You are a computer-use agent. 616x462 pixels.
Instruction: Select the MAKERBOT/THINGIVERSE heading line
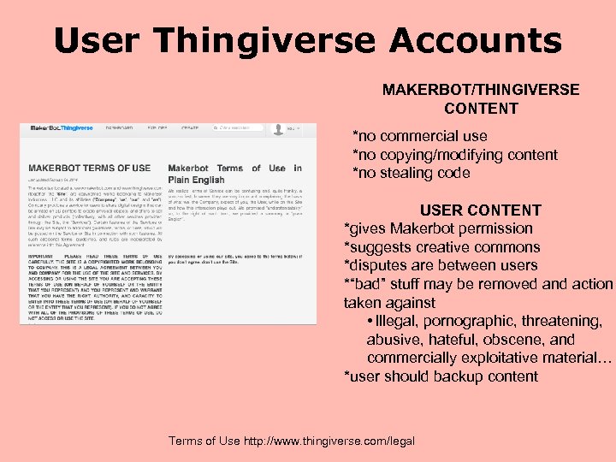pyautogui.click(x=481, y=90)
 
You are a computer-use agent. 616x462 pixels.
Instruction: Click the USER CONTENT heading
pyautogui.click(x=480, y=210)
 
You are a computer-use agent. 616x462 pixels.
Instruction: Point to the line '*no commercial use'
pyautogui.click(x=420, y=136)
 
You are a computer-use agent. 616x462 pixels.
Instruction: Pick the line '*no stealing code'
pyautogui.click(x=412, y=173)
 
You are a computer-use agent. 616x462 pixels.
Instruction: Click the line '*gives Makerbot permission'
pyautogui.click(x=438, y=228)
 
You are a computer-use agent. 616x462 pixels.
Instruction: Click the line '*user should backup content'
pyautogui.click(x=440, y=376)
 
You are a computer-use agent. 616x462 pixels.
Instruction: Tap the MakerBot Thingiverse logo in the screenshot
pyautogui.click(x=62, y=128)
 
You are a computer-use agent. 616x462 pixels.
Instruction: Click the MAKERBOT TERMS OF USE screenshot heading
pyautogui.click(x=89, y=168)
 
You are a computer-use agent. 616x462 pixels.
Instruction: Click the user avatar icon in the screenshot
pyautogui.click(x=277, y=129)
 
